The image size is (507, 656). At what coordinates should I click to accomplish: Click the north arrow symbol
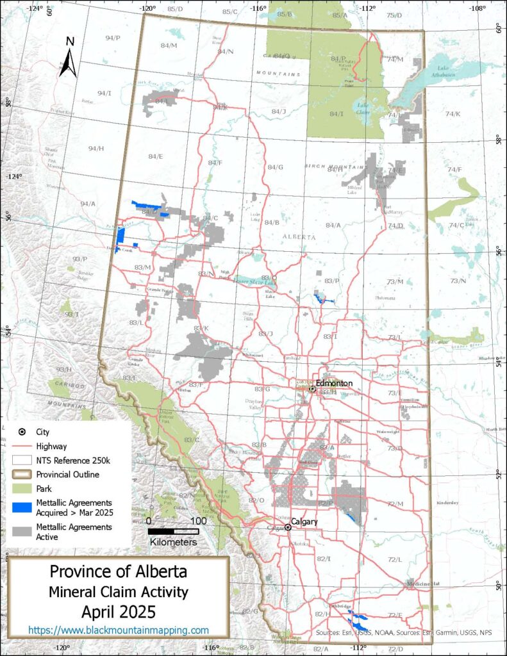(x=69, y=57)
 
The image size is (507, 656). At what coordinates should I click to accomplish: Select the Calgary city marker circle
(x=288, y=527)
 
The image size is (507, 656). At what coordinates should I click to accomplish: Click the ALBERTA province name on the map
(x=299, y=237)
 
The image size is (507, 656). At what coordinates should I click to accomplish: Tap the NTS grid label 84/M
(x=169, y=45)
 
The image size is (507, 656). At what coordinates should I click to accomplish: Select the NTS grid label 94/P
(x=112, y=38)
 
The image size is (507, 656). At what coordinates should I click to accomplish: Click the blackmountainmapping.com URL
(x=119, y=630)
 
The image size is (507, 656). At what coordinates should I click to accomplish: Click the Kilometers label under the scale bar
(x=173, y=542)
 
